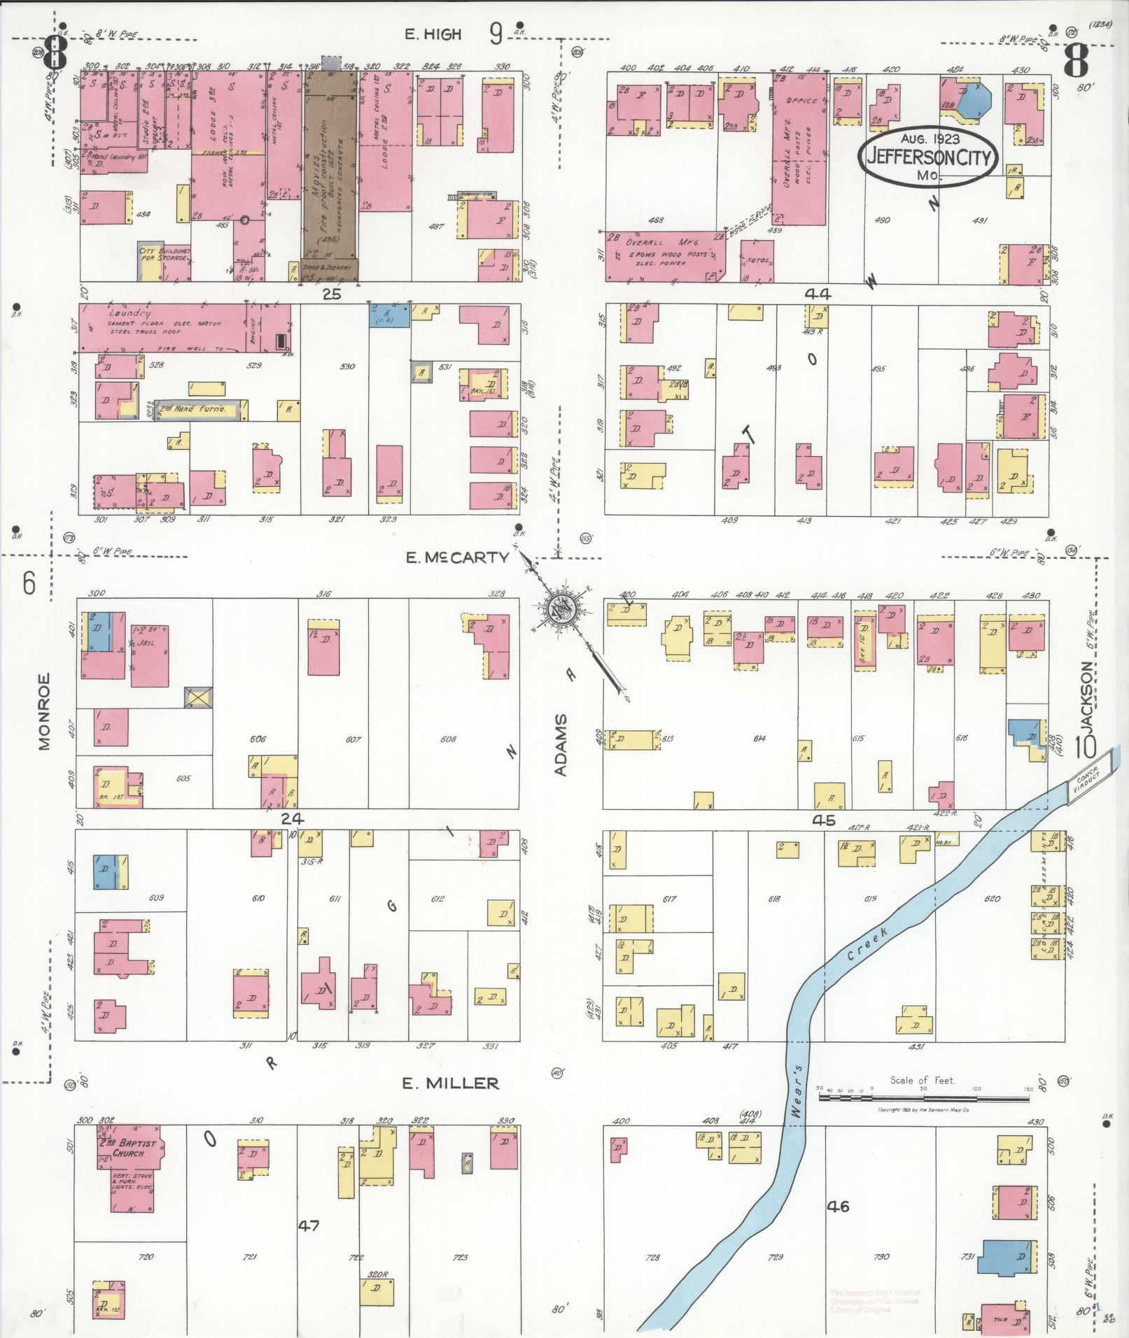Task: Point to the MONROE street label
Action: coord(45,711)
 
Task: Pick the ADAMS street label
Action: coord(561,745)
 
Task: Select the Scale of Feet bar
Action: coord(923,1099)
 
